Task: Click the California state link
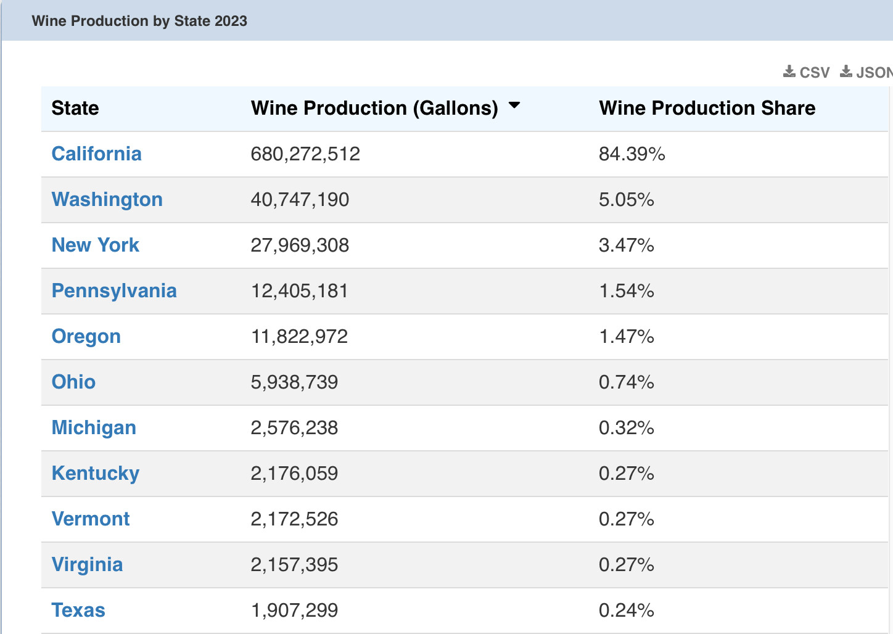(x=96, y=154)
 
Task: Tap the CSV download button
(x=807, y=72)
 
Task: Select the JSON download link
(x=866, y=72)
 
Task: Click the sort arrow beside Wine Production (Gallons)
(x=514, y=105)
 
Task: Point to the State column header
(x=75, y=108)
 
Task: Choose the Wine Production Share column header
(x=707, y=108)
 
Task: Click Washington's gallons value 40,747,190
(x=300, y=199)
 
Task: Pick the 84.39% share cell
(x=632, y=154)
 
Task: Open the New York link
(x=95, y=245)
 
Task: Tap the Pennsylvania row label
(x=114, y=290)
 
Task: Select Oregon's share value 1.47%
(x=626, y=336)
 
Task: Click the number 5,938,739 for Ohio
(x=294, y=382)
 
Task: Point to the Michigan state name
(x=94, y=427)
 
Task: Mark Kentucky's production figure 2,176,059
(x=294, y=473)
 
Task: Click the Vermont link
(x=91, y=519)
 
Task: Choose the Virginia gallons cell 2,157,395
(x=294, y=564)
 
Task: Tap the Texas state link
(x=78, y=610)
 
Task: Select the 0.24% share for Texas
(x=626, y=610)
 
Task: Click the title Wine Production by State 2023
(x=139, y=21)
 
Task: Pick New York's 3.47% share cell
(x=626, y=245)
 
